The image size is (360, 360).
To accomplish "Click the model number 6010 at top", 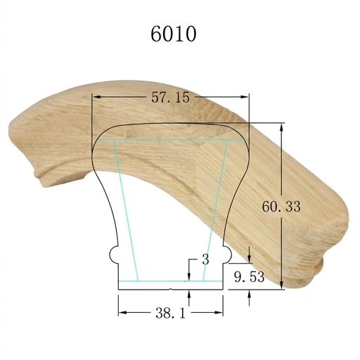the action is [x=173, y=34].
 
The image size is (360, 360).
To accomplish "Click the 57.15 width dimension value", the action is [x=170, y=97].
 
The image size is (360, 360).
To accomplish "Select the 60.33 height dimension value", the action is [x=281, y=207].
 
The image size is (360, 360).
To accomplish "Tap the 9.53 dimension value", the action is [x=249, y=277].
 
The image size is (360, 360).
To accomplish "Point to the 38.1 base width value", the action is [x=170, y=313].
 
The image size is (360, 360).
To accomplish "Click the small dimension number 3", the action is [x=205, y=259].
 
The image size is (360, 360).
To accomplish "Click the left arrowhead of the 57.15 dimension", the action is [x=97, y=97].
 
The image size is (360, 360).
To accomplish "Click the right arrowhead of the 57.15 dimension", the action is [x=244, y=97].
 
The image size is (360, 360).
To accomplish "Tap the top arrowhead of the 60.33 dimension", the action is [x=282, y=128].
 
